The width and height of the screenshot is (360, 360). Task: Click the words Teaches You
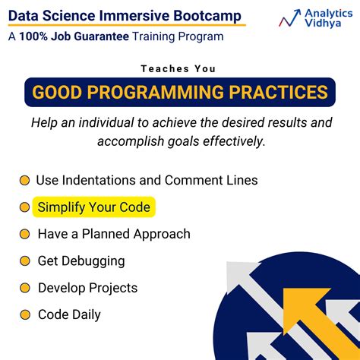(x=180, y=68)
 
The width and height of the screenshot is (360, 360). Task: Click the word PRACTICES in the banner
(x=283, y=93)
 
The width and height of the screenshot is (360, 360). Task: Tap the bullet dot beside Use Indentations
(x=24, y=181)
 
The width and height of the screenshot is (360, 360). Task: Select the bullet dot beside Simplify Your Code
(x=24, y=207)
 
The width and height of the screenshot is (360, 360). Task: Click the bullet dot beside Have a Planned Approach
(x=24, y=234)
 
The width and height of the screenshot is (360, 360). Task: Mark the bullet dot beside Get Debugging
(x=24, y=261)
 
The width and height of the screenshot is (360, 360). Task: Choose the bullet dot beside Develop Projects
(x=24, y=288)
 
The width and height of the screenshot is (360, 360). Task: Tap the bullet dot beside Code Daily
(x=24, y=314)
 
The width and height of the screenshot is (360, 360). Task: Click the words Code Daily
(x=69, y=314)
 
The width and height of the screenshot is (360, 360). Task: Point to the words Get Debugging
(x=81, y=261)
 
